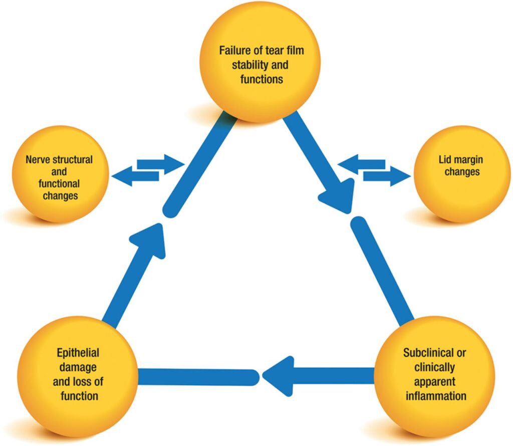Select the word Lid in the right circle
coord(444,160)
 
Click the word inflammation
coord(435,396)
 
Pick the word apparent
coord(435,381)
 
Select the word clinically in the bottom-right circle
coord(435,367)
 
